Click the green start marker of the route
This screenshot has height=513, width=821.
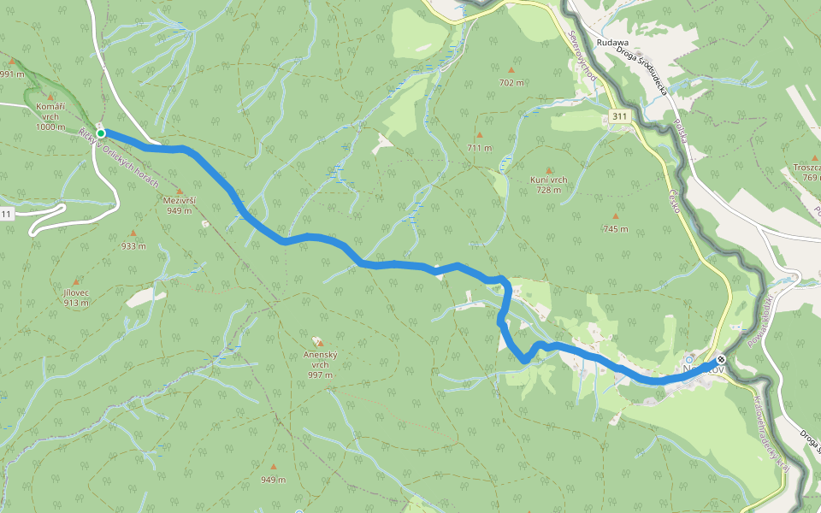101,133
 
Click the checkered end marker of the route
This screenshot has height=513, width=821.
722,359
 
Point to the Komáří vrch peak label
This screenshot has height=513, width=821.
50,116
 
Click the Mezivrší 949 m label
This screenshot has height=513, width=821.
180,204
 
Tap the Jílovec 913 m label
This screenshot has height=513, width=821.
75,297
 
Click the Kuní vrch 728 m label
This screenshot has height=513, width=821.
549,185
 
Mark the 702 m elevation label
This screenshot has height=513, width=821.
511,83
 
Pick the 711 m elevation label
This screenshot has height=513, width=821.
480,148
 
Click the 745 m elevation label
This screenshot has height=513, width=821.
615,229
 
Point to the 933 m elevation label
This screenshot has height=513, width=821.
133,245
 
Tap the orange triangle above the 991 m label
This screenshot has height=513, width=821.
11,62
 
